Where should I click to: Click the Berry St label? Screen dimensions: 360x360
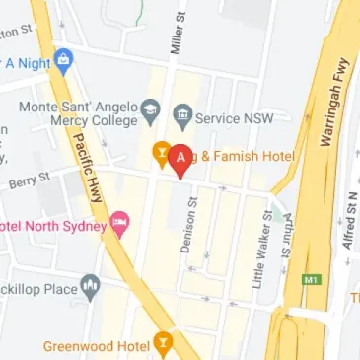click(29, 180)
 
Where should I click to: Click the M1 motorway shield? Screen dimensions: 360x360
click(313, 280)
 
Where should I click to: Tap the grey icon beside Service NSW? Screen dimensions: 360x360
click(181, 114)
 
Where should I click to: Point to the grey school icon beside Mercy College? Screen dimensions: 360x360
click(150, 106)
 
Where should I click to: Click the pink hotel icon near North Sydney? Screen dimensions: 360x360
click(120, 221)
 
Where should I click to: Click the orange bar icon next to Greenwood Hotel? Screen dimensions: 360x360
click(163, 344)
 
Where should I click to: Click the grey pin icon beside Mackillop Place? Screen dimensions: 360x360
click(92, 287)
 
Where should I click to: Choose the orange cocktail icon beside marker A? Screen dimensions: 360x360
click(157, 153)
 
